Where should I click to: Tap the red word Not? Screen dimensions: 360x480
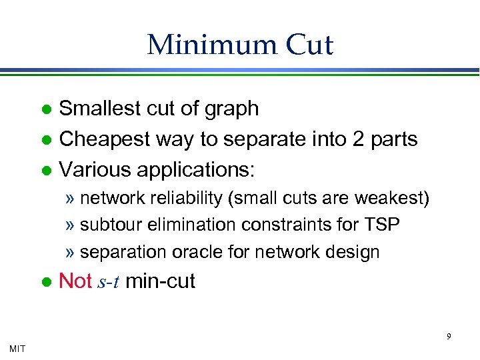(x=75, y=281)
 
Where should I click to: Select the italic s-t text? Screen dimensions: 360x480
(x=108, y=282)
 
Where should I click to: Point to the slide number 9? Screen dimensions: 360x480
(x=448, y=336)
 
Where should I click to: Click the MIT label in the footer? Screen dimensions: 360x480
(x=18, y=347)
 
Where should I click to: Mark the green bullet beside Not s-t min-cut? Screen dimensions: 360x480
(x=46, y=282)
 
